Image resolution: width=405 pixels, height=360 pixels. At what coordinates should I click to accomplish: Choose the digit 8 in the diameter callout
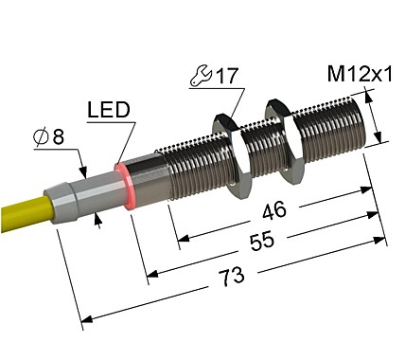tap(60, 139)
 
